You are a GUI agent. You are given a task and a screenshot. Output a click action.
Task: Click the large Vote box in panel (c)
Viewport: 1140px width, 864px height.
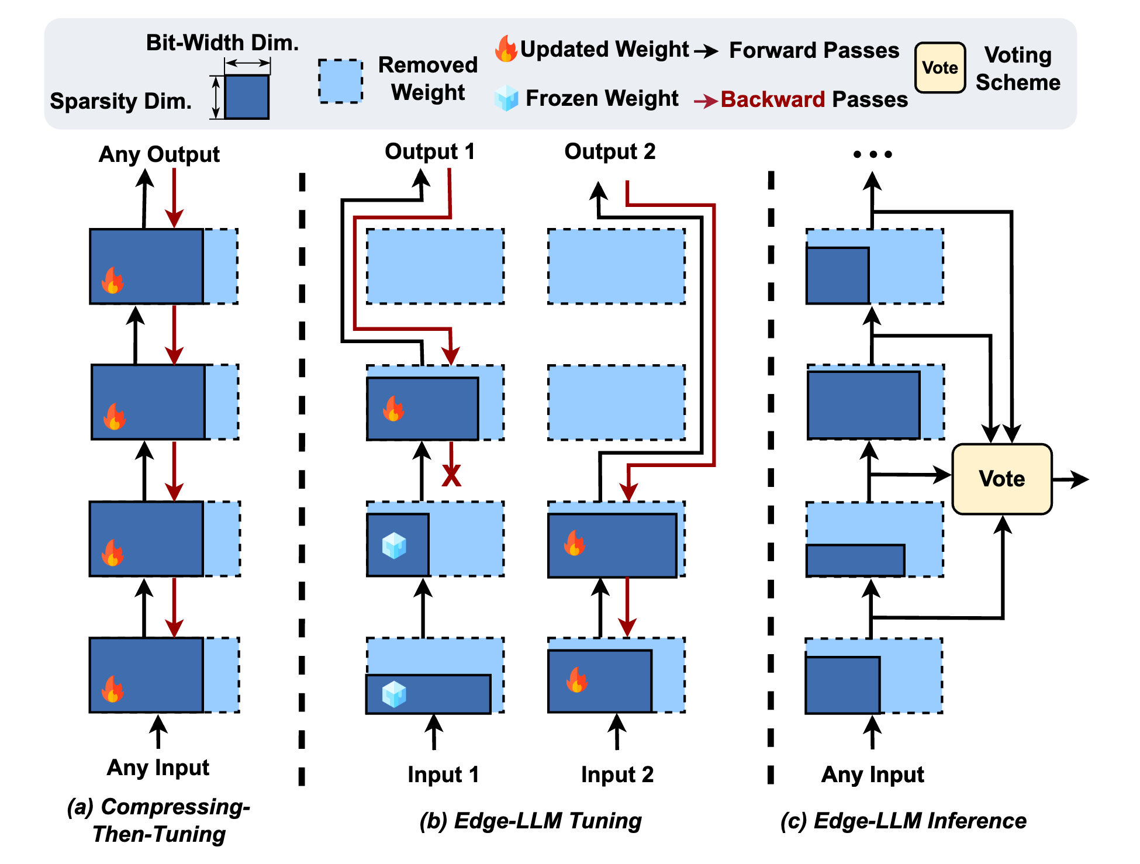(x=1002, y=479)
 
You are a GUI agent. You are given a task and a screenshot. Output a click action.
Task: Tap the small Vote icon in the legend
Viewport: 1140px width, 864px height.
(x=940, y=68)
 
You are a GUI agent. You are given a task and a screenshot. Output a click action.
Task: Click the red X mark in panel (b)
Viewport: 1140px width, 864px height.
(x=451, y=475)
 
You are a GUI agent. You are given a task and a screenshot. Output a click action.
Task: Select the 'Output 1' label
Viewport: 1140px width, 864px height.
(x=430, y=151)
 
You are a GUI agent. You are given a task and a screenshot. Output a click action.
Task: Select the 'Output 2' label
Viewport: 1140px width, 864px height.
(x=610, y=151)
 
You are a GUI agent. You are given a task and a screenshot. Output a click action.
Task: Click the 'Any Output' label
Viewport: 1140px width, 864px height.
(x=159, y=154)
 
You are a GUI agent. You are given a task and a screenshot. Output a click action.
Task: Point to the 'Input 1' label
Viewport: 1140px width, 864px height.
(x=443, y=775)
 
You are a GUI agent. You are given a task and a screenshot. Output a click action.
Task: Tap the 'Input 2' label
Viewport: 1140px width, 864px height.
(x=617, y=775)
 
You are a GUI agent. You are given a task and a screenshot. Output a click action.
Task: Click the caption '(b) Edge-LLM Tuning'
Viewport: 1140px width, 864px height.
(x=531, y=821)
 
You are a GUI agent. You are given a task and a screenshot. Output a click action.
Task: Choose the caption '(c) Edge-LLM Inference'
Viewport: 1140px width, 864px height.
(x=903, y=821)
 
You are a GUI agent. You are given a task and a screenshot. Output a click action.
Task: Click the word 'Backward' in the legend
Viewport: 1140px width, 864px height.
(x=772, y=99)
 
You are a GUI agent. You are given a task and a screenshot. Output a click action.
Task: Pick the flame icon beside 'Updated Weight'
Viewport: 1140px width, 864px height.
(x=506, y=49)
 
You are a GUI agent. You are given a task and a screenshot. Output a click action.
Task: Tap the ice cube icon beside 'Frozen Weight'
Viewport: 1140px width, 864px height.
(x=506, y=98)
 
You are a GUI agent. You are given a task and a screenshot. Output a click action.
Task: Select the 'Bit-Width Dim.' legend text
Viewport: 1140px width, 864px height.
(x=222, y=43)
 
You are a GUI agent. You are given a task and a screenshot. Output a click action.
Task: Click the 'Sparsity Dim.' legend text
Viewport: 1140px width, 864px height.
(x=121, y=101)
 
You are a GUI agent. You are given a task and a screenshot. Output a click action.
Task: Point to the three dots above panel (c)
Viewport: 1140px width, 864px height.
(x=872, y=154)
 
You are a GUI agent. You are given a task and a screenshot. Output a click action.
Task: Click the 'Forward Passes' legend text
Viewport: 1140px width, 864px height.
(x=814, y=50)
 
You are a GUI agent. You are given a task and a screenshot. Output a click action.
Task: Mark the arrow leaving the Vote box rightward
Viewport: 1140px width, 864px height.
(x=1070, y=479)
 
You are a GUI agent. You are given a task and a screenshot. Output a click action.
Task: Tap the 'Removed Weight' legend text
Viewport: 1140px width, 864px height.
(x=428, y=78)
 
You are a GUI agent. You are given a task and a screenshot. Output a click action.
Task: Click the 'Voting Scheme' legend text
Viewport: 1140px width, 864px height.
(x=1018, y=68)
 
